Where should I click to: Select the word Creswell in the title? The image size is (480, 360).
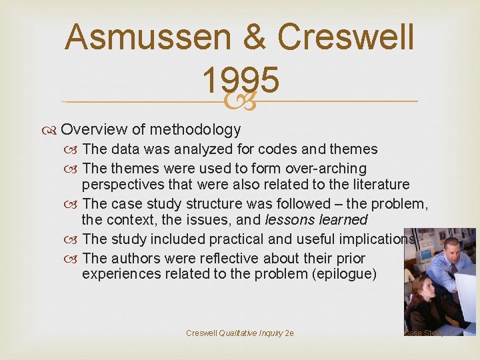click(x=347, y=37)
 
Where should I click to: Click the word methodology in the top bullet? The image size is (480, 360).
click(x=195, y=129)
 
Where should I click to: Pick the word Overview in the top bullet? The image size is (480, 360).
click(x=97, y=129)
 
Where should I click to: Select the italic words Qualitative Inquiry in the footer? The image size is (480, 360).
click(x=250, y=333)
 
